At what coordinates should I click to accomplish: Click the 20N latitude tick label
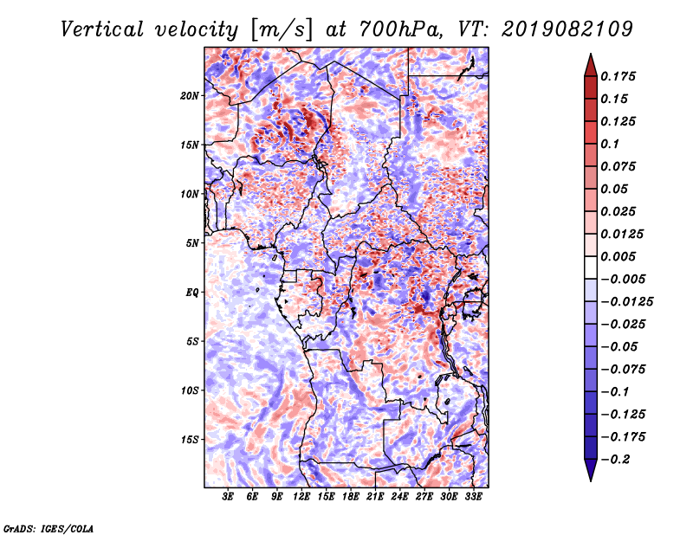click(x=190, y=96)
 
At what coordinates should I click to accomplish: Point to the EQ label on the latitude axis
click(x=192, y=293)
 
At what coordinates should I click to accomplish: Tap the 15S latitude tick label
click(x=190, y=440)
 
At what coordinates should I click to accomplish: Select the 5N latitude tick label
click(x=192, y=243)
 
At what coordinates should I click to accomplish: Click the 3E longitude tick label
click(x=228, y=497)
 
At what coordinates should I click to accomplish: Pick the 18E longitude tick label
click(x=351, y=497)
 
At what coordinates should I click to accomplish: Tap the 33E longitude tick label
click(x=473, y=497)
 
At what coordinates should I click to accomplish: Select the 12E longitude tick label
click(x=301, y=497)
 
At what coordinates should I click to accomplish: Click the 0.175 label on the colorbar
click(x=618, y=76)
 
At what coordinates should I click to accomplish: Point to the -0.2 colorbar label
click(x=615, y=460)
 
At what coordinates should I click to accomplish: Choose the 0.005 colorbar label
click(x=618, y=256)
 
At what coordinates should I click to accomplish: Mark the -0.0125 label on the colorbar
click(x=626, y=302)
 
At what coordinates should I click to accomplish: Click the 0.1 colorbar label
click(x=610, y=144)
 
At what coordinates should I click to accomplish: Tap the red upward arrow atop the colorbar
click(x=591, y=66)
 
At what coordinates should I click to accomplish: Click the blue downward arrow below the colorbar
click(x=591, y=470)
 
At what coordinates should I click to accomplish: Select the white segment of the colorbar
click(x=591, y=267)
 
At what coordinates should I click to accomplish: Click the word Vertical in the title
click(x=102, y=29)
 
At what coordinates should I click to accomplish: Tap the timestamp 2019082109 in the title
click(x=567, y=29)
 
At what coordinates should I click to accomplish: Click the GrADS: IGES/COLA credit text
click(x=49, y=529)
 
